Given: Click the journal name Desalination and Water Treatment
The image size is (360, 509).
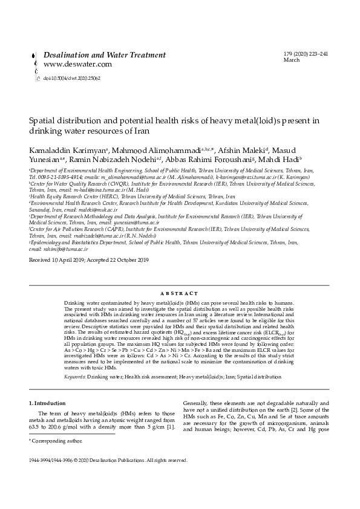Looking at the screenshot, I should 105,55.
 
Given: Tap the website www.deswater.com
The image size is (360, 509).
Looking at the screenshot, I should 77,64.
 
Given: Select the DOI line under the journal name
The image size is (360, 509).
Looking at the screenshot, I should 71,79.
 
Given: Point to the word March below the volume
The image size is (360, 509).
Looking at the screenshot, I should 291,60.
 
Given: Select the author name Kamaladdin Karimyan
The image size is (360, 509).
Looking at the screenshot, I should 67,149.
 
